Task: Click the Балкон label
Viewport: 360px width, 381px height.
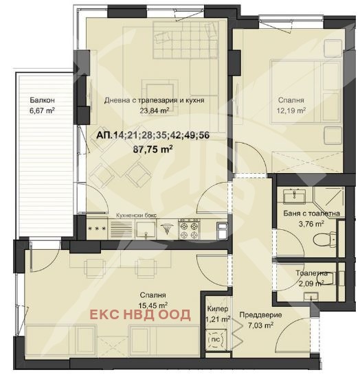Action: (x=42, y=100)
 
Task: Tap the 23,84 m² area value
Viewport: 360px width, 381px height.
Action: (x=155, y=111)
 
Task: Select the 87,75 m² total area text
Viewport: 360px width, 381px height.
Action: (x=153, y=149)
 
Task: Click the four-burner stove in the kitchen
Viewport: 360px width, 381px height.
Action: (x=189, y=229)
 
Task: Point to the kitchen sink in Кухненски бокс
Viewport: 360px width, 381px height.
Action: (x=146, y=229)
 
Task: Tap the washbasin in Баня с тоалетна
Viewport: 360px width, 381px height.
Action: (x=294, y=196)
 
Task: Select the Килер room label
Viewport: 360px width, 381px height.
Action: (x=218, y=309)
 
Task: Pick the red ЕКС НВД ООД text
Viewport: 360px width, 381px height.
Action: (x=140, y=314)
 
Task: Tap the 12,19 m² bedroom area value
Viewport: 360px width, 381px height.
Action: (x=291, y=111)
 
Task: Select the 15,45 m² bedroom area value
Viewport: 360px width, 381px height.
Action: (x=153, y=305)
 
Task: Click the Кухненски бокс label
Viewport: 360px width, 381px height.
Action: (x=136, y=216)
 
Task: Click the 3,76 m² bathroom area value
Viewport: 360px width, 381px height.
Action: (x=311, y=224)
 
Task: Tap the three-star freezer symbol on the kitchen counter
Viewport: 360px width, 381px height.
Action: (x=97, y=229)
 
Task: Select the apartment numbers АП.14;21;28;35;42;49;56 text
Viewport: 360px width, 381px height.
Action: (x=153, y=135)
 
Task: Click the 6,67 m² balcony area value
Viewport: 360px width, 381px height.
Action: (x=42, y=111)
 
